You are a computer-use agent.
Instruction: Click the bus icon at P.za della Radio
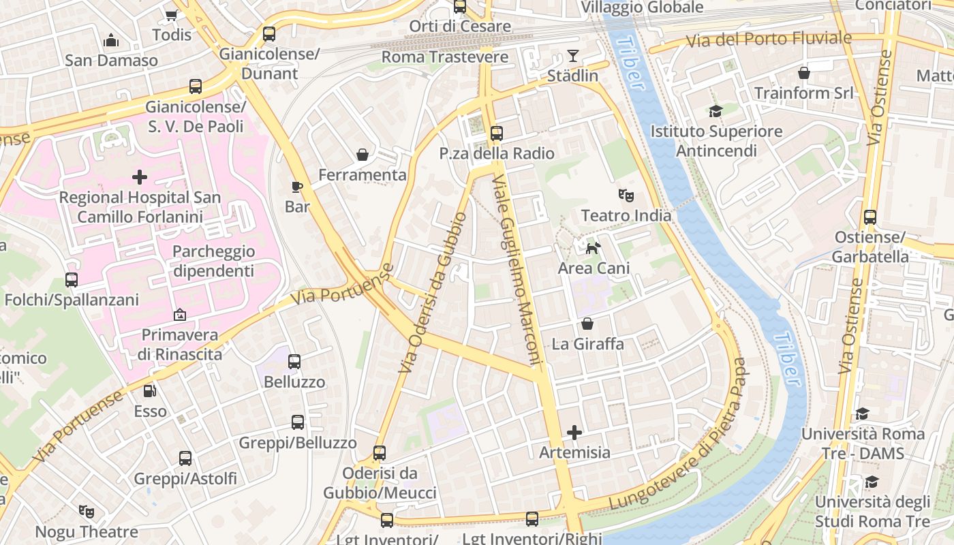coord(496,134)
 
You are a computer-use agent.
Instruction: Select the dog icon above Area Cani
coord(594,248)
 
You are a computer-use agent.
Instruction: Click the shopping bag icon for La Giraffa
coord(587,324)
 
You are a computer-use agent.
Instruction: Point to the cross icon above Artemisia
coord(574,433)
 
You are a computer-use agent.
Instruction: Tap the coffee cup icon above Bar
coord(296,187)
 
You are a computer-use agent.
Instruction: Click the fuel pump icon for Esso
coord(149,391)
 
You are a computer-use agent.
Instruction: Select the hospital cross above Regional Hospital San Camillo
coord(140,178)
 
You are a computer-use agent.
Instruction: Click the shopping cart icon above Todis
coord(171,15)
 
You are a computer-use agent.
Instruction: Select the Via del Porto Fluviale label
coord(768,40)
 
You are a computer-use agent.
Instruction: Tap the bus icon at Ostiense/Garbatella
coord(870,217)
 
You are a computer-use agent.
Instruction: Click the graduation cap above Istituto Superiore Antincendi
coord(715,111)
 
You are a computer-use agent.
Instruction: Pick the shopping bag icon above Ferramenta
coord(363,155)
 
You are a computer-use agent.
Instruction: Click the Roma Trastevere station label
coord(444,57)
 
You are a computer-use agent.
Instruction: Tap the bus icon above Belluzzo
coord(294,362)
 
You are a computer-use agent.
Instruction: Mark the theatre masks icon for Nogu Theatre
coord(86,511)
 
